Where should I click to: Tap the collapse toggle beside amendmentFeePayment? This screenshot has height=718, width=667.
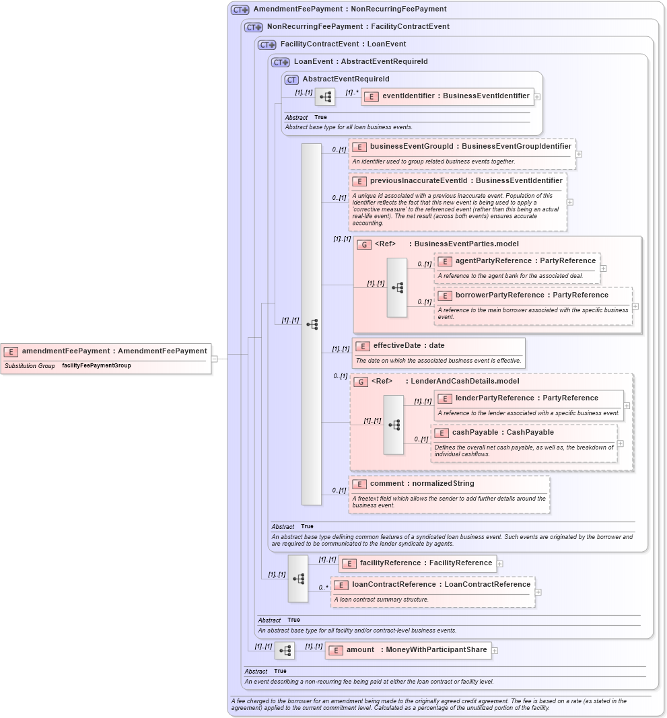(214, 359)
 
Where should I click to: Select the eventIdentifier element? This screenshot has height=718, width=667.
(448, 96)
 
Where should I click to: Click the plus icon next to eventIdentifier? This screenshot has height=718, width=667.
(537, 96)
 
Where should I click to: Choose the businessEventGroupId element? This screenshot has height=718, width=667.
(462, 147)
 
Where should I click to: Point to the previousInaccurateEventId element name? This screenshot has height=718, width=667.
(466, 181)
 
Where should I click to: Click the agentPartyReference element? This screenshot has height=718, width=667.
(517, 261)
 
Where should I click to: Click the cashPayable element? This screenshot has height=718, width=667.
(495, 433)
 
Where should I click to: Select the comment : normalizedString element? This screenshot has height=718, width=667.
(422, 484)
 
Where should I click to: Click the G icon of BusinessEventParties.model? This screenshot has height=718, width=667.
(363, 244)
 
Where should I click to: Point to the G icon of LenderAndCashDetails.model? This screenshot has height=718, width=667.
(361, 382)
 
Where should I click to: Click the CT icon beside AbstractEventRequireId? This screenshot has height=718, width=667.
(291, 79)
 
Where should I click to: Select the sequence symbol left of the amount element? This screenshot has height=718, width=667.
(285, 651)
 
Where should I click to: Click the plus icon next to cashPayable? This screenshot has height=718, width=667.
(621, 443)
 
